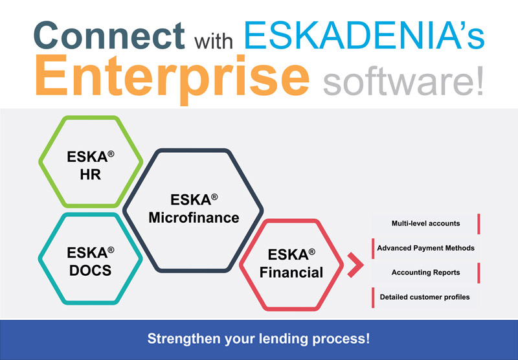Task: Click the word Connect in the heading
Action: pyautogui.click(x=109, y=36)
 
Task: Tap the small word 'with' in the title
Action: pyautogui.click(x=214, y=41)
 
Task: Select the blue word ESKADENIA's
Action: pyautogui.click(x=364, y=35)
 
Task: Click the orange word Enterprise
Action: pyautogui.click(x=172, y=78)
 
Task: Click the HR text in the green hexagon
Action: pyautogui.click(x=90, y=174)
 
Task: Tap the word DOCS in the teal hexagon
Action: pyautogui.click(x=90, y=271)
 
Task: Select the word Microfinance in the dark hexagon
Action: pyautogui.click(x=194, y=218)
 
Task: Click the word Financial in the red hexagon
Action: pyautogui.click(x=291, y=273)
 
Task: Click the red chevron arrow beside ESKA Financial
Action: pyautogui.click(x=356, y=265)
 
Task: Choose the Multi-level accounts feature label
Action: pyautogui.click(x=425, y=223)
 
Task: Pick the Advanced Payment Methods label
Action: pyautogui.click(x=426, y=248)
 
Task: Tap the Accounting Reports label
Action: pyautogui.click(x=425, y=273)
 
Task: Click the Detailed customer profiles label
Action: pyautogui.click(x=425, y=297)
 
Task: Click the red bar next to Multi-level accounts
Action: pyautogui.click(x=479, y=224)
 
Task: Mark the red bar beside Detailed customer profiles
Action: pyautogui.click(x=374, y=297)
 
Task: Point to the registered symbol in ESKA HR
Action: pyautogui.click(x=111, y=153)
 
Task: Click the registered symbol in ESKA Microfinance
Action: pyautogui.click(x=214, y=197)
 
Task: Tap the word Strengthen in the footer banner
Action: pyautogui.click(x=184, y=339)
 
